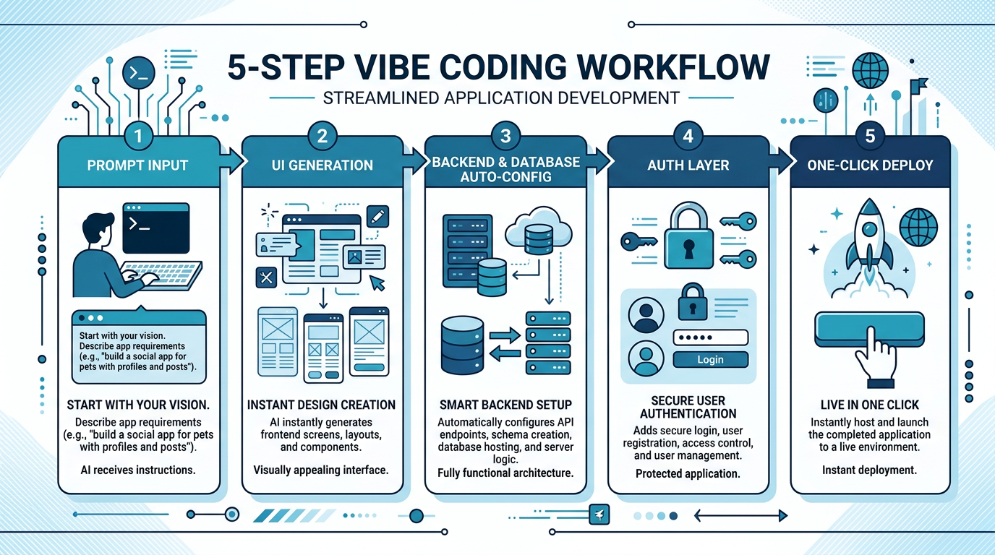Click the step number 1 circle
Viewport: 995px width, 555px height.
pyautogui.click(x=139, y=136)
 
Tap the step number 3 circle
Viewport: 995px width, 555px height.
pyautogui.click(x=505, y=136)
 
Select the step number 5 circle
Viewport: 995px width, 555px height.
pyautogui.click(x=871, y=136)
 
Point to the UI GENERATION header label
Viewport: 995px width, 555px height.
pyautogui.click(x=323, y=165)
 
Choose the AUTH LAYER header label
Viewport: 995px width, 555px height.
pyautogui.click(x=688, y=165)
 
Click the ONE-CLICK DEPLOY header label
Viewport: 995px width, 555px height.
pyautogui.click(x=870, y=165)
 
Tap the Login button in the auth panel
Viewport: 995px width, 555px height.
pyautogui.click(x=710, y=359)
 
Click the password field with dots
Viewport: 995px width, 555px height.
pyautogui.click(x=710, y=337)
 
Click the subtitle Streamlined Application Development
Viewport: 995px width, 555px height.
pyautogui.click(x=500, y=97)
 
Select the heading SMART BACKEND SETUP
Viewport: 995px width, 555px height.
pyautogui.click(x=505, y=405)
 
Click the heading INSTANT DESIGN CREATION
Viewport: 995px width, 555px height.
pyautogui.click(x=322, y=405)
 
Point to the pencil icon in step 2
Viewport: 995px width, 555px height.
pyautogui.click(x=377, y=215)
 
